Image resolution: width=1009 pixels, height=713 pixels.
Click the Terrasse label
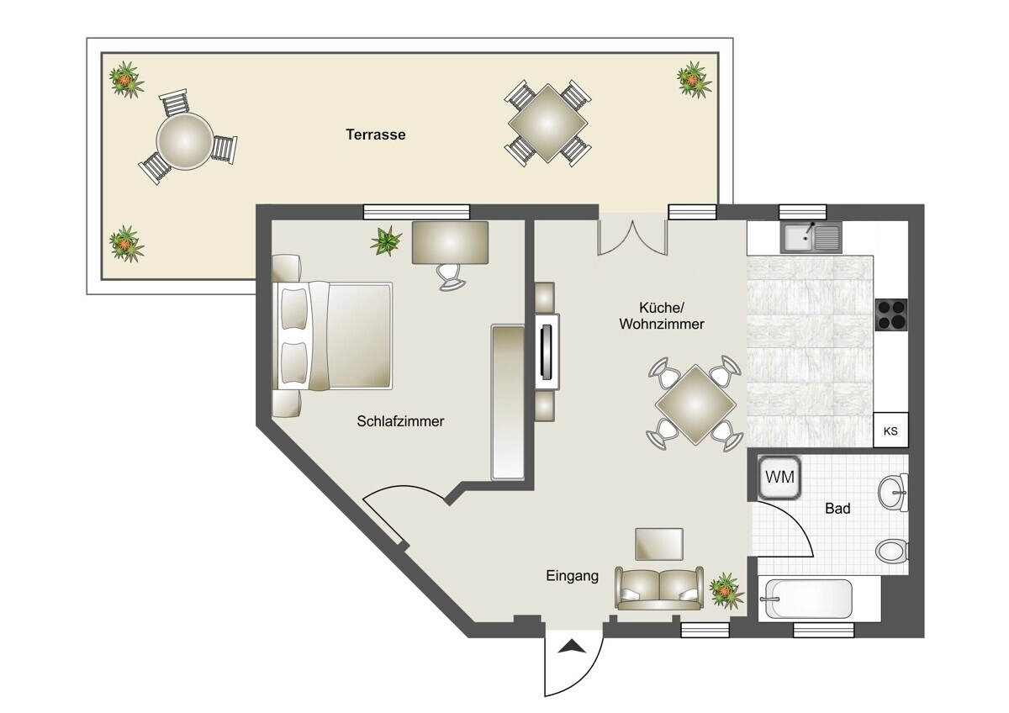[376, 135]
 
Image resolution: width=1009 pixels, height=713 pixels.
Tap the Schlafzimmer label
[400, 421]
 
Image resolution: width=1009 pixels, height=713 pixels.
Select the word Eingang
[572, 576]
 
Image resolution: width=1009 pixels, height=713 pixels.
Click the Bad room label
[837, 509]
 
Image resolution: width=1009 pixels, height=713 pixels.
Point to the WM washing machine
[779, 478]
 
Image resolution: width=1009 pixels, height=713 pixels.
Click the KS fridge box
[890, 430]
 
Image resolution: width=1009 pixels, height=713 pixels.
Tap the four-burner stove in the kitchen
[891, 314]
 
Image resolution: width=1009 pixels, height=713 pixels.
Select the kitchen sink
[811, 236]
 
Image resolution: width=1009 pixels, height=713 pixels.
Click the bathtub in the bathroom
[809, 599]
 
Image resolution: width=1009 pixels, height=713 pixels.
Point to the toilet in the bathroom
[892, 552]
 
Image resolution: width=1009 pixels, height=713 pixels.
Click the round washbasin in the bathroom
[893, 493]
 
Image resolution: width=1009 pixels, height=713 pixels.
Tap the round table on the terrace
[185, 141]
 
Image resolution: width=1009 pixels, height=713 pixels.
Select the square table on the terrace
[547, 123]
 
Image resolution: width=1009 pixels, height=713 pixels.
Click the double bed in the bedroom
[332, 335]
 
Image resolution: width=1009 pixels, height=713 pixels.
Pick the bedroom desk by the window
[450, 243]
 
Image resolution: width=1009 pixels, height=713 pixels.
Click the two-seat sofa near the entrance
[659, 588]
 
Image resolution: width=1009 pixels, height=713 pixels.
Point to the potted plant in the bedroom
[386, 241]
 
